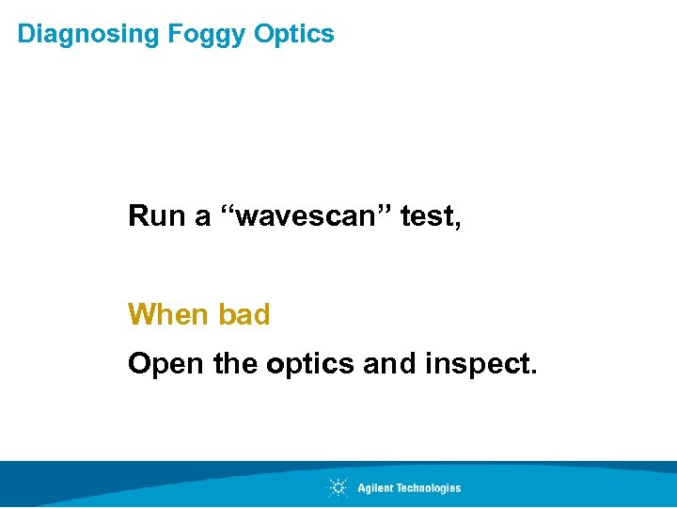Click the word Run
pos(156,216)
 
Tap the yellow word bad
pos(244,313)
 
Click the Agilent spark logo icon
pos(338,487)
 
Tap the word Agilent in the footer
pos(375,487)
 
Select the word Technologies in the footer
pos(428,487)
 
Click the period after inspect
pos(534,371)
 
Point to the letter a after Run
pos(201,218)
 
